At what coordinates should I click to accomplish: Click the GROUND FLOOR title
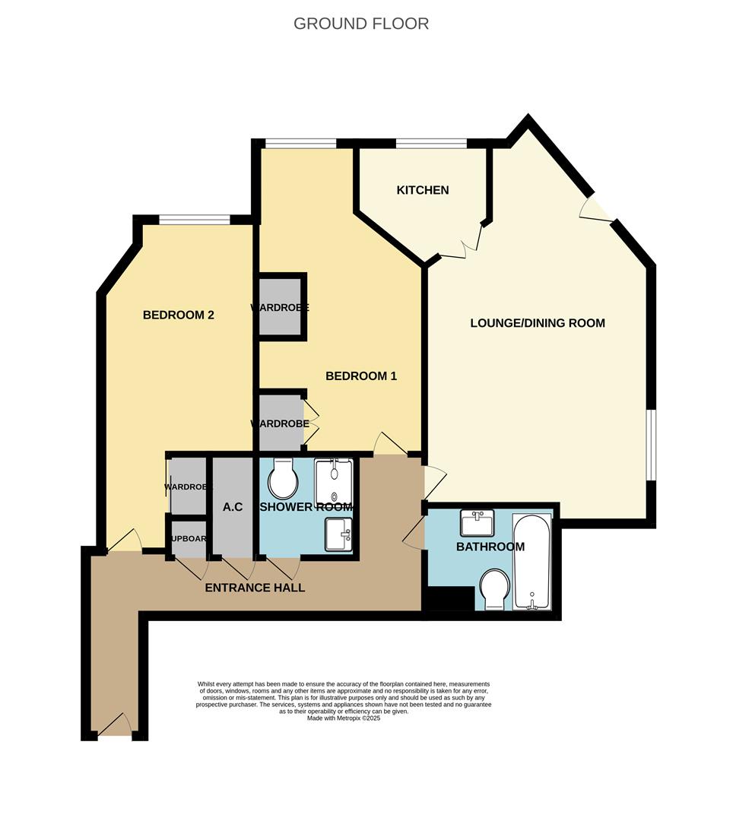(x=361, y=24)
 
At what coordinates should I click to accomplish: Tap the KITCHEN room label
(x=423, y=190)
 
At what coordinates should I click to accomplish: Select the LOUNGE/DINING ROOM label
(x=538, y=323)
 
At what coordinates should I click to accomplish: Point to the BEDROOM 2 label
(x=179, y=315)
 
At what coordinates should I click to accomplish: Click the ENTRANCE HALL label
(x=255, y=588)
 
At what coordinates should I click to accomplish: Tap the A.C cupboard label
(x=233, y=507)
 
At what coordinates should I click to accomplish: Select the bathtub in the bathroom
(x=532, y=563)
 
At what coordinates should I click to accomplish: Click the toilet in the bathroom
(x=493, y=589)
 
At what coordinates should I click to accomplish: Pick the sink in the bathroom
(x=477, y=523)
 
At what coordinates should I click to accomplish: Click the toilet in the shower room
(x=284, y=477)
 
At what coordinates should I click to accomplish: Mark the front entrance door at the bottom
(x=116, y=726)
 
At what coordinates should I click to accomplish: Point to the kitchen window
(x=431, y=143)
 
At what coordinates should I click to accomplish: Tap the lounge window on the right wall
(x=651, y=445)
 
